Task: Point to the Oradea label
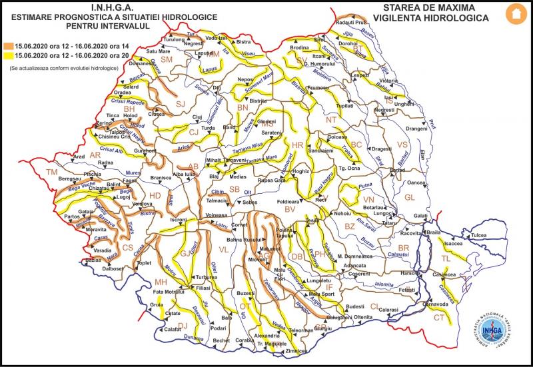(x=122, y=93)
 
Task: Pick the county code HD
(x=155, y=195)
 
